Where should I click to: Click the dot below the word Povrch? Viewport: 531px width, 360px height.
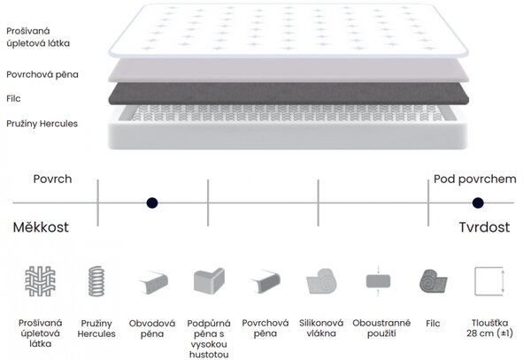(152, 203)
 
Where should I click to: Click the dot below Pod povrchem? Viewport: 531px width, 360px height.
(478, 203)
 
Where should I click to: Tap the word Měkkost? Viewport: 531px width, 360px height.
(41, 227)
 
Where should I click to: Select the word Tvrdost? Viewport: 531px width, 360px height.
(484, 227)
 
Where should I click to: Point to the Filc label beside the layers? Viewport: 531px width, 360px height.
(13, 98)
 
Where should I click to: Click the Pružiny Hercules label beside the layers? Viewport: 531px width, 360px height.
(42, 124)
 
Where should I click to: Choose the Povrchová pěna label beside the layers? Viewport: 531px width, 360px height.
(42, 74)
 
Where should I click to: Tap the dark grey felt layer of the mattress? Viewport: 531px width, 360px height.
(289, 94)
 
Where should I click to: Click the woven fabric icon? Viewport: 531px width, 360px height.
(41, 281)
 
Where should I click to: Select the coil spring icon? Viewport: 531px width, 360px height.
(96, 281)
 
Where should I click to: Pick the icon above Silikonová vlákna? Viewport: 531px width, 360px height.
(321, 281)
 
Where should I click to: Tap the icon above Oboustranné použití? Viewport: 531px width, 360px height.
(378, 281)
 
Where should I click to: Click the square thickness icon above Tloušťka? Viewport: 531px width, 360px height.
(489, 281)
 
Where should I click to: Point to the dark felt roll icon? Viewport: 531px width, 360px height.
(433, 281)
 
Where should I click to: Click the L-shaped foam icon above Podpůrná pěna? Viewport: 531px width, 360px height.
(209, 281)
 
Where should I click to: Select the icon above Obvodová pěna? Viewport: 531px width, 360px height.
(153, 282)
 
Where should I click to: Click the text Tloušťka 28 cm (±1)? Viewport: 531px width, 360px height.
(489, 328)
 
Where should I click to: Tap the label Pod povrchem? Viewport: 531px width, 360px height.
(474, 179)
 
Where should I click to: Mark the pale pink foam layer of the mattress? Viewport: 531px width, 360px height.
(289, 71)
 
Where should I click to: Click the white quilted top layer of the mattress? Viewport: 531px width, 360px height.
(289, 30)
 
